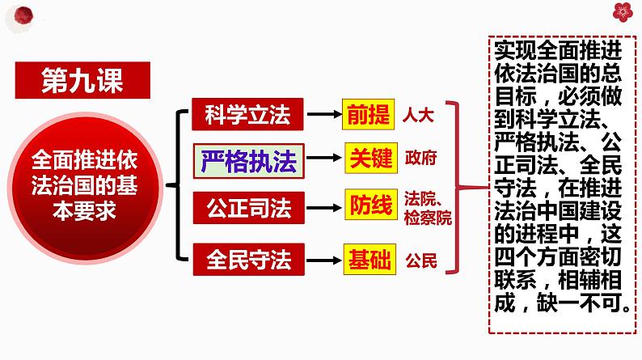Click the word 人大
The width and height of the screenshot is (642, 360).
418,115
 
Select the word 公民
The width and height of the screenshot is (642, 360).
421,260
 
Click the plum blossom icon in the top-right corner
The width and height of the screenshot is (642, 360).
622,11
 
